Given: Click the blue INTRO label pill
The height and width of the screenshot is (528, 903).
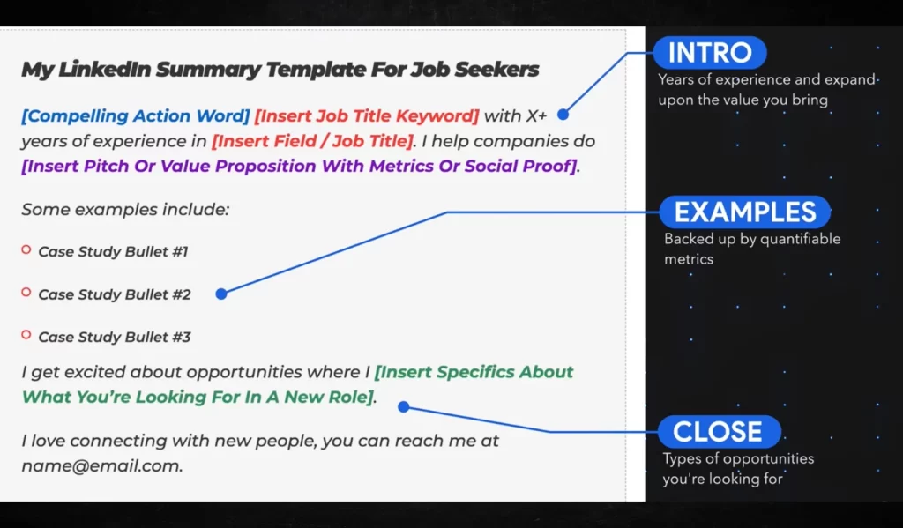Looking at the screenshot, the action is tap(710, 52).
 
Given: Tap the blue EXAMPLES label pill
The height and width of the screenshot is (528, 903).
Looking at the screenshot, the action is tap(744, 212).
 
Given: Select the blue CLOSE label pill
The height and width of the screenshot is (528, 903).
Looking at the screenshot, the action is tap(719, 431).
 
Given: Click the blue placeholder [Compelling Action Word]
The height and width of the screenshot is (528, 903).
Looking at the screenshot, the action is tap(135, 115).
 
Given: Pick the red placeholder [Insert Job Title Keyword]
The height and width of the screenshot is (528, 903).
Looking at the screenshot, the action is tap(367, 115).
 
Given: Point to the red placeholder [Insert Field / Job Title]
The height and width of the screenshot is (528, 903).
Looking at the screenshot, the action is tap(313, 141).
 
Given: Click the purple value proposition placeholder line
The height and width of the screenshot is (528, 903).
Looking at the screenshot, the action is tap(299, 167).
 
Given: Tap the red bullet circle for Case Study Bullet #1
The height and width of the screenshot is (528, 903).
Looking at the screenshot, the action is tap(26, 249).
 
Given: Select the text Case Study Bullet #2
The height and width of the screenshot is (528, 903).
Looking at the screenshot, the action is tap(115, 294).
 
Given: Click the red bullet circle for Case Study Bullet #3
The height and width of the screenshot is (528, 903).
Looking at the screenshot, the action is tap(26, 335).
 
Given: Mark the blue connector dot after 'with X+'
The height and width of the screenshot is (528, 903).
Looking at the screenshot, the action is tap(563, 115).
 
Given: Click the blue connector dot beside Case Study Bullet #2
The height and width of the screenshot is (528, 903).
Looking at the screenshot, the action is tap(221, 294).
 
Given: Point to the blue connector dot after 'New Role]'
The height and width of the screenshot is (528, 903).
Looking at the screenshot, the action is tap(404, 407).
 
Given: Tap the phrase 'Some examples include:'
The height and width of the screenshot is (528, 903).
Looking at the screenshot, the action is tap(125, 209).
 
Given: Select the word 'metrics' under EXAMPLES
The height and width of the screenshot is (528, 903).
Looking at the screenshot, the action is tap(689, 259).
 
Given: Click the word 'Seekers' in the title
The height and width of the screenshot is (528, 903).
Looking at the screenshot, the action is tap(496, 69).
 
